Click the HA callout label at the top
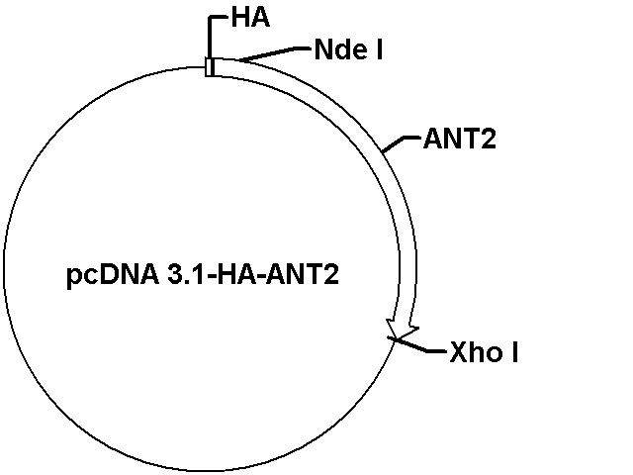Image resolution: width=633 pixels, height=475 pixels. pyautogui.click(x=250, y=19)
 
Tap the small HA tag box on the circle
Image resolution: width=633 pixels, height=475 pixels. pyautogui.click(x=210, y=67)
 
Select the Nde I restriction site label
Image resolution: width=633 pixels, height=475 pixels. pyautogui.click(x=348, y=49)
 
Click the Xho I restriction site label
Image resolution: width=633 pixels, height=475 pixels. pyautogui.click(x=484, y=352)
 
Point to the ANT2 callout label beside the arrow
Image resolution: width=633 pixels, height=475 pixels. pyautogui.click(x=459, y=140)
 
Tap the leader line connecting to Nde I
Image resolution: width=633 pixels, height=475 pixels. pyautogui.click(x=275, y=54)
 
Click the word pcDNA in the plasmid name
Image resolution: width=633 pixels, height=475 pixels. pyautogui.click(x=113, y=275)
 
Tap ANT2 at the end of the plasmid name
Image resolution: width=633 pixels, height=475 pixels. pyautogui.click(x=303, y=275)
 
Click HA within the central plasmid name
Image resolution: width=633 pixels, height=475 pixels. pyautogui.click(x=237, y=275)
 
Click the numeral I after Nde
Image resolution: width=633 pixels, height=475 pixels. pyautogui.click(x=380, y=49)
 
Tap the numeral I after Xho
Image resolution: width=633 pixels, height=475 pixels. pyautogui.click(x=514, y=352)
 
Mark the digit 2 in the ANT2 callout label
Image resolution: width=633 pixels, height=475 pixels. pyautogui.click(x=489, y=140)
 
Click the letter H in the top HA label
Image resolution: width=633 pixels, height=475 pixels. pyautogui.click(x=240, y=19)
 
